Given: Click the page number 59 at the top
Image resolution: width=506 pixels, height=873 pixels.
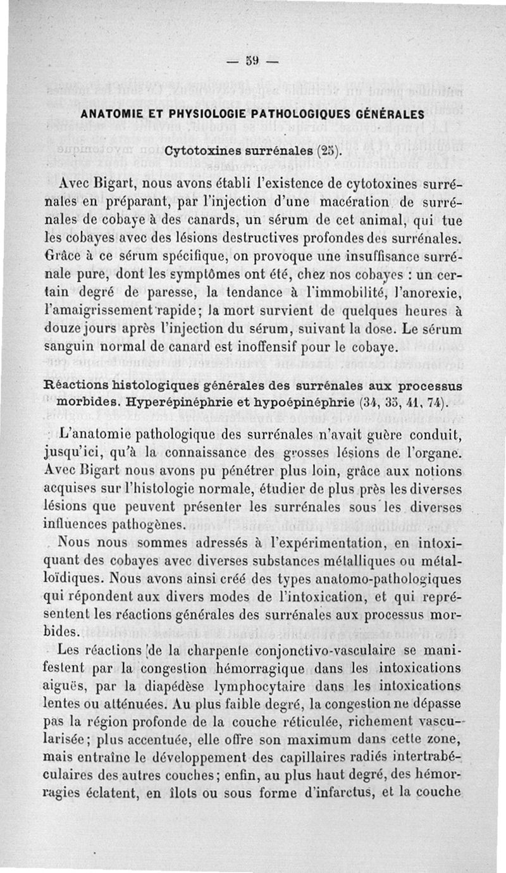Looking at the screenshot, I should coord(252,62).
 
